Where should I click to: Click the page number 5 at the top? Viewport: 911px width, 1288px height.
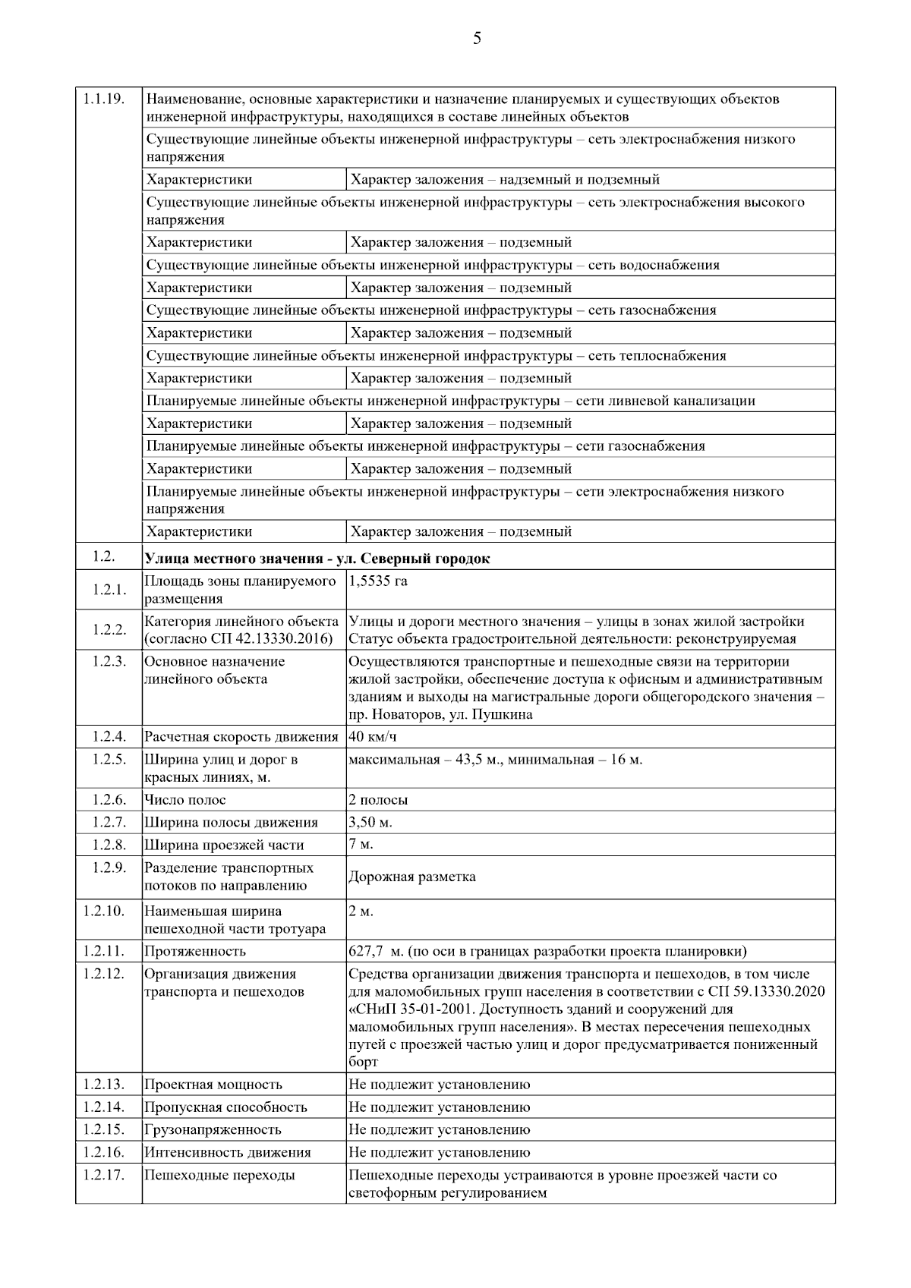[477, 39]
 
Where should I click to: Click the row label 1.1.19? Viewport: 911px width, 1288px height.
[104, 99]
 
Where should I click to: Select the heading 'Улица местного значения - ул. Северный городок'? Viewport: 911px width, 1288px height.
[317, 559]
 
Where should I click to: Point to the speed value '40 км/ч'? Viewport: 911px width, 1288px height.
[373, 736]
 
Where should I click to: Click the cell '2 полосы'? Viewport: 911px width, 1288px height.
[378, 800]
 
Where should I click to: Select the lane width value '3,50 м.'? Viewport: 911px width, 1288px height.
[370, 823]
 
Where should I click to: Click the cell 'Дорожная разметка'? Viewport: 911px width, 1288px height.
[412, 877]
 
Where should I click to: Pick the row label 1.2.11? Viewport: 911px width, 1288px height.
[105, 951]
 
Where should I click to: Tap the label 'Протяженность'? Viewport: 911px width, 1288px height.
[195, 951]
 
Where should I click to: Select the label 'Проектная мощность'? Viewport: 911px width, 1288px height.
[213, 1085]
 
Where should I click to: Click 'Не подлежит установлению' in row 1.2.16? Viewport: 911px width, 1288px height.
[440, 1152]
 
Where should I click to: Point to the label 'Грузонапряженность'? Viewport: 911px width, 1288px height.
[213, 1129]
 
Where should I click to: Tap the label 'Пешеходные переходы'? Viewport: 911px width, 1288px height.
[219, 1175]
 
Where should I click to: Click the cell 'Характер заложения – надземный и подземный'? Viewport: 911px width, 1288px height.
[505, 180]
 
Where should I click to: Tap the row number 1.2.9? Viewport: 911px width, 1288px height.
[108, 868]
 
